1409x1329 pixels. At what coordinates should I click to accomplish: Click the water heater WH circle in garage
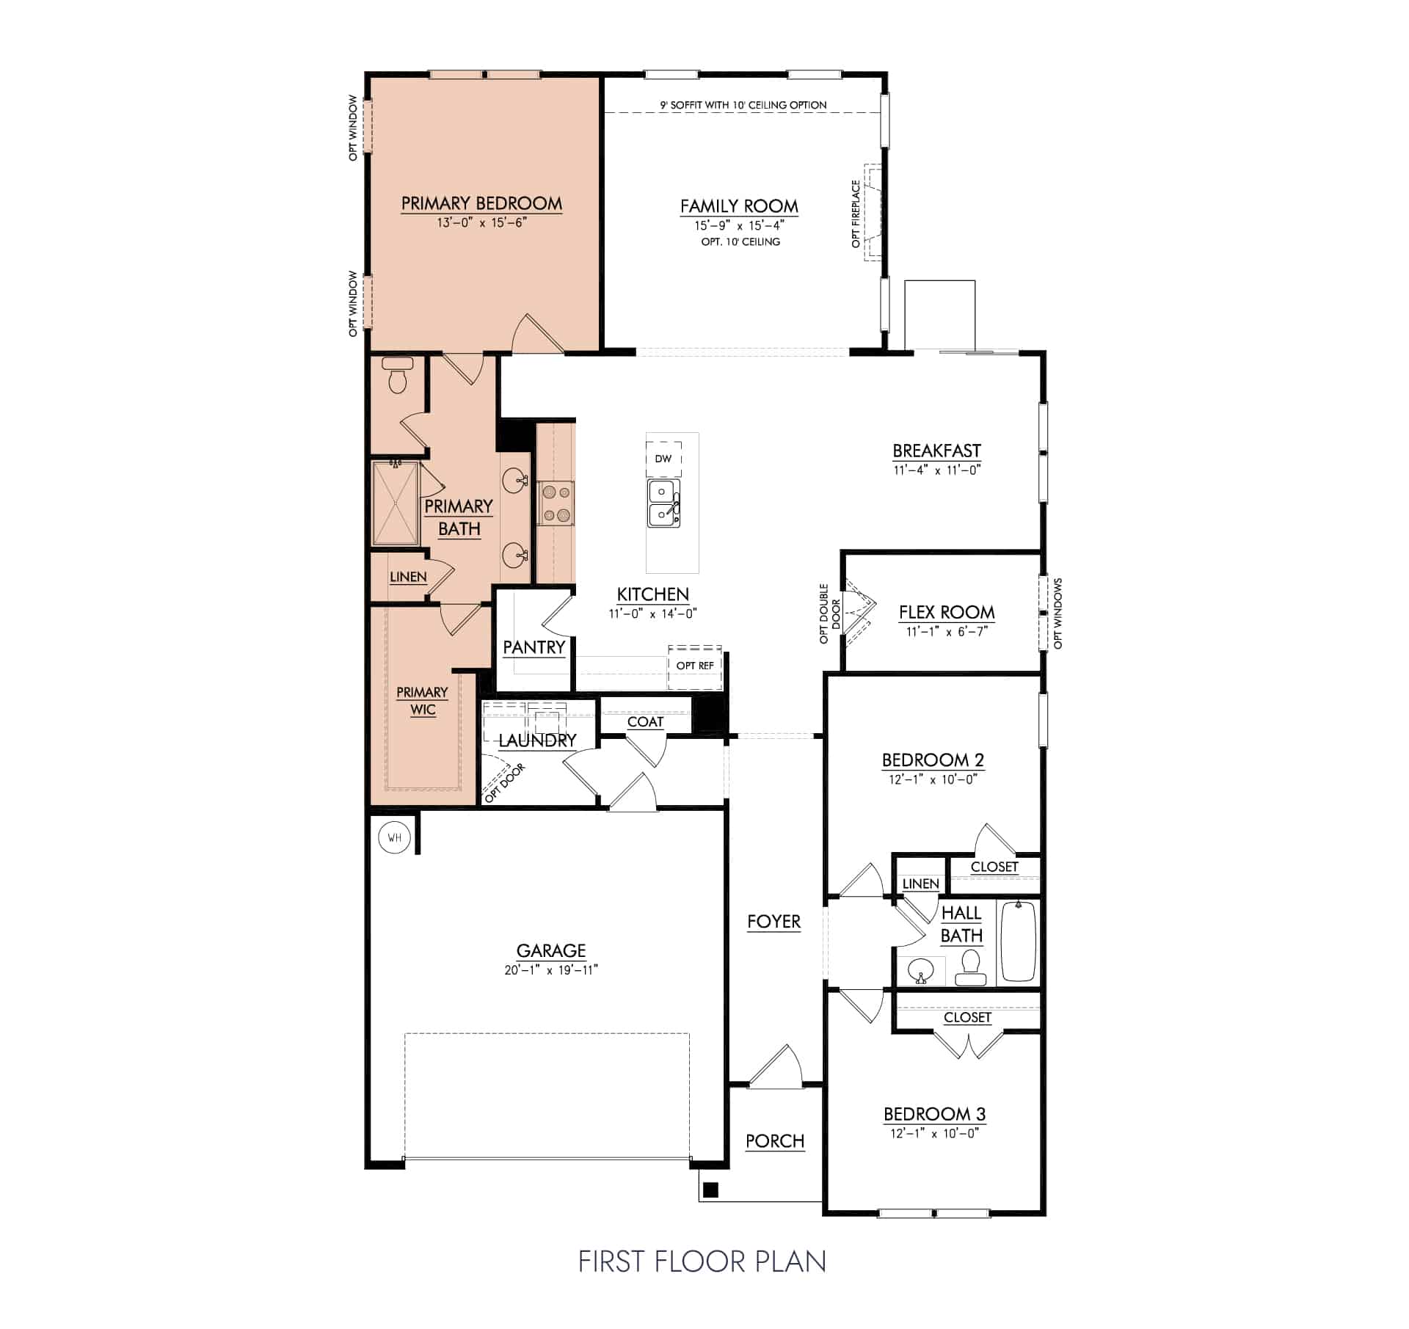point(395,837)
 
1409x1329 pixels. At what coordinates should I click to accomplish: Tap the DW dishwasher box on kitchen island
point(663,459)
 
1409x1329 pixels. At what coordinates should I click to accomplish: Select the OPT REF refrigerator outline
point(695,666)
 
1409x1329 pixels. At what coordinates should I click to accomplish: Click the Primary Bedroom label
point(481,203)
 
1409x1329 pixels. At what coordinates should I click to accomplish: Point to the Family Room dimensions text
point(739,226)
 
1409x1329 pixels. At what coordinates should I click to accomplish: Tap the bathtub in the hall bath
point(1018,942)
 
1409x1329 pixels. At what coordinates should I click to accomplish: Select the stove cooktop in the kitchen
point(556,503)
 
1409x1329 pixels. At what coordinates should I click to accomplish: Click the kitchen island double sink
point(663,503)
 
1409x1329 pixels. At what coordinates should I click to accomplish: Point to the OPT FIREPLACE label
point(856,214)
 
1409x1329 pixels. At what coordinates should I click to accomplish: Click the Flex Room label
point(947,612)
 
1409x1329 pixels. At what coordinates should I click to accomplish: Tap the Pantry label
point(534,647)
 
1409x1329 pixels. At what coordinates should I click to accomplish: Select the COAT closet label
point(645,722)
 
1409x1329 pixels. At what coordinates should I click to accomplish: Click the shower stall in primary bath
point(396,503)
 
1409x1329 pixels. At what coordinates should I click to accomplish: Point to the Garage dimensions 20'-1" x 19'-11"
point(551,970)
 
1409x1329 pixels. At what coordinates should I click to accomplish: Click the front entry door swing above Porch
point(778,1068)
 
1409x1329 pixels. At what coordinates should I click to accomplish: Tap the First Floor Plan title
point(702,1261)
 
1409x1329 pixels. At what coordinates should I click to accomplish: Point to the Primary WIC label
point(422,701)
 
